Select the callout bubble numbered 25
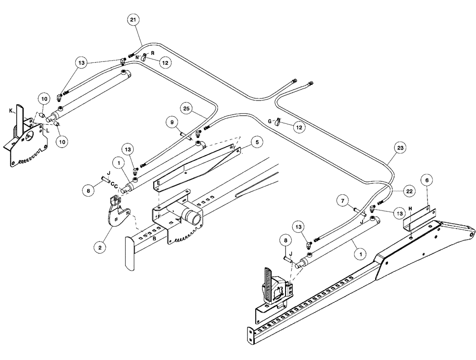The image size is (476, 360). [186, 110]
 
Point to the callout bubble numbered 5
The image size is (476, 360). [256, 141]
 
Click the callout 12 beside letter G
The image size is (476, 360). [298, 127]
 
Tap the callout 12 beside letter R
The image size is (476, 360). [165, 62]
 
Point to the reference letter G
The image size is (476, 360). [270, 122]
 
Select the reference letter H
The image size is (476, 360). [410, 208]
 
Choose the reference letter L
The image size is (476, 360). [48, 130]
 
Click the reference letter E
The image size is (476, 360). [158, 182]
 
